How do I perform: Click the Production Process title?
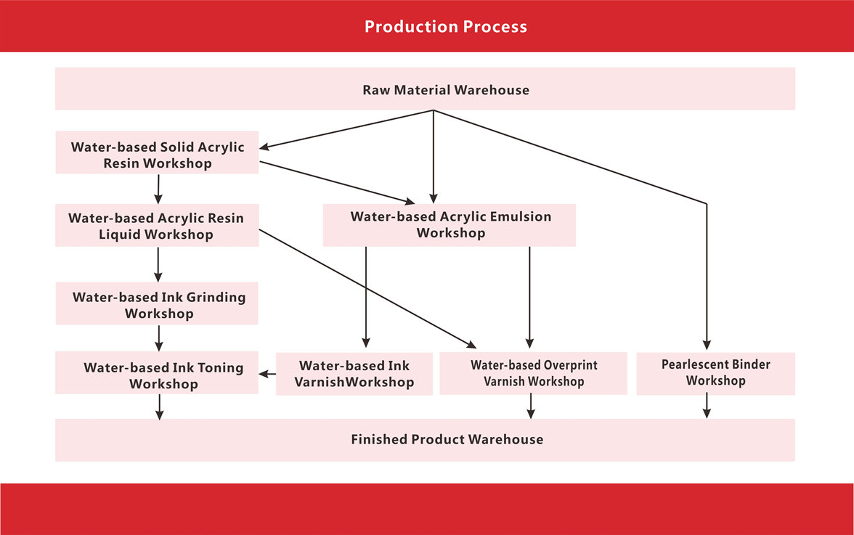pos(446,27)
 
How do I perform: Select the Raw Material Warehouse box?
pos(425,89)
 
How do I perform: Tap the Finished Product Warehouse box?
pos(425,440)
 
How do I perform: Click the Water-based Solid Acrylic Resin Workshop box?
pos(157,152)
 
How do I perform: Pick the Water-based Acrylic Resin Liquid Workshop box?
pos(157,225)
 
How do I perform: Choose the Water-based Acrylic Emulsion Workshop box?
pos(450,225)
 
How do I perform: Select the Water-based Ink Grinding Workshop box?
pos(157,303)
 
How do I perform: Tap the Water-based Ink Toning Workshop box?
pos(157,373)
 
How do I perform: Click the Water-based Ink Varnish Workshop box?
pos(354,374)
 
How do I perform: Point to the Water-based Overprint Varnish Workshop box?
pos(533,373)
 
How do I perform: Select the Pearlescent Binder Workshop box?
pos(716,373)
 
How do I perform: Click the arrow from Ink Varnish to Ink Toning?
pos(267,374)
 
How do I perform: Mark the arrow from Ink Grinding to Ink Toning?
pos(159,338)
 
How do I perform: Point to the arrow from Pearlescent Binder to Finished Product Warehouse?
pos(707,407)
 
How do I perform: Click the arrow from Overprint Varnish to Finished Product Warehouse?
pos(530,407)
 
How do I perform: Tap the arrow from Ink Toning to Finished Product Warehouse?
pos(160,407)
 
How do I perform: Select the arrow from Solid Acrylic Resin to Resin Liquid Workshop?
pos(158,189)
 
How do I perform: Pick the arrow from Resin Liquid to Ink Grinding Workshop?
pos(158,264)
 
